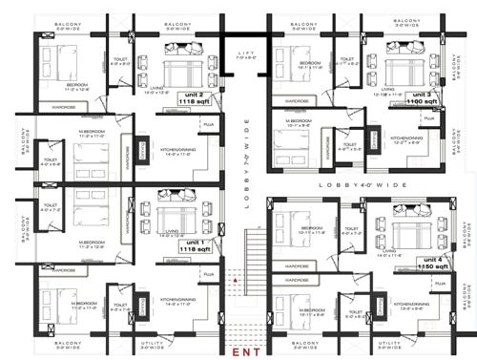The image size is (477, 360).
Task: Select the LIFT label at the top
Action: tap(245, 53)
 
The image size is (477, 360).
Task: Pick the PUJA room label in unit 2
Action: tap(205, 125)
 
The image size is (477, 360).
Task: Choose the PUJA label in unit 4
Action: tap(440, 284)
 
